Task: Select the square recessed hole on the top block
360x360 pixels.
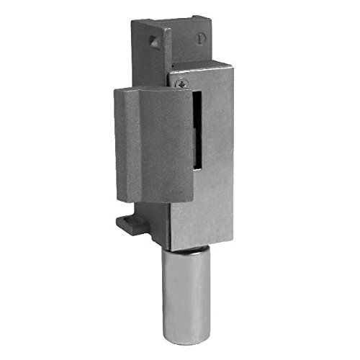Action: [153, 40]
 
